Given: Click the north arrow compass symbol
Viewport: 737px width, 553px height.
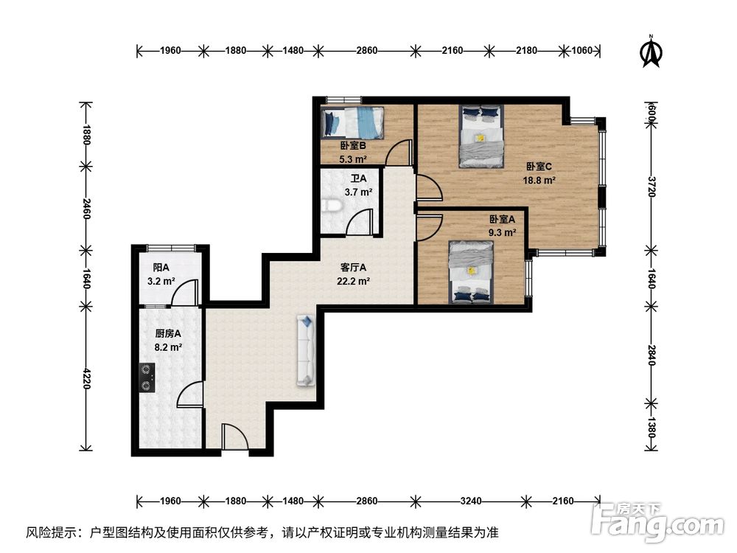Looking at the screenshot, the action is pyautogui.click(x=652, y=52).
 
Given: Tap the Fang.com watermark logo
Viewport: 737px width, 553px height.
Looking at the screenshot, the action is pyautogui.click(x=657, y=521).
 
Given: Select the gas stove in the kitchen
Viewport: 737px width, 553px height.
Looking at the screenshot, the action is pyautogui.click(x=147, y=378).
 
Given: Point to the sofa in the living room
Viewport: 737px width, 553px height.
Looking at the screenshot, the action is pyautogui.click(x=306, y=350).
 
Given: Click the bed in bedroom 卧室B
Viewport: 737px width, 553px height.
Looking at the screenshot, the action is pyautogui.click(x=352, y=122).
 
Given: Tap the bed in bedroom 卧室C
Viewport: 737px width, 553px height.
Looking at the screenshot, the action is pyautogui.click(x=481, y=136).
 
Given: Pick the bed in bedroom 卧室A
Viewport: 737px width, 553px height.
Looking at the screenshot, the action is pyautogui.click(x=471, y=272).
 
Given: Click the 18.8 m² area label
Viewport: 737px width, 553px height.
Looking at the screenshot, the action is pyautogui.click(x=539, y=180).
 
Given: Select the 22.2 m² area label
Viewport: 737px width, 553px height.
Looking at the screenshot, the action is pyautogui.click(x=353, y=281).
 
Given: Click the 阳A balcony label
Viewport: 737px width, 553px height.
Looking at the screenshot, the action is pyautogui.click(x=161, y=268).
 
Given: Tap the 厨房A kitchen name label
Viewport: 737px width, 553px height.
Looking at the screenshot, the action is pyautogui.click(x=168, y=334).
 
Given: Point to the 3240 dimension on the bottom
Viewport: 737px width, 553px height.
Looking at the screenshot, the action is pyautogui.click(x=470, y=501).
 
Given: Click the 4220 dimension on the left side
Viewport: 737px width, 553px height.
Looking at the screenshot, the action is pyautogui.click(x=85, y=378).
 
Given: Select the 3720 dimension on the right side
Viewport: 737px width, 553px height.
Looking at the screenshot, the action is pyautogui.click(x=652, y=187).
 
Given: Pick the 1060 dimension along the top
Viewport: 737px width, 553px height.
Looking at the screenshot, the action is pyautogui.click(x=581, y=50).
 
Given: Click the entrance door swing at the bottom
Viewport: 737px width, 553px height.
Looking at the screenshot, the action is pyautogui.click(x=234, y=437).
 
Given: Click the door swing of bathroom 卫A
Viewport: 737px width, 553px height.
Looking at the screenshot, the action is pyautogui.click(x=360, y=222).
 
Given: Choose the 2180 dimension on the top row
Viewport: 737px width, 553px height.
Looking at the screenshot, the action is pyautogui.click(x=526, y=50).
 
